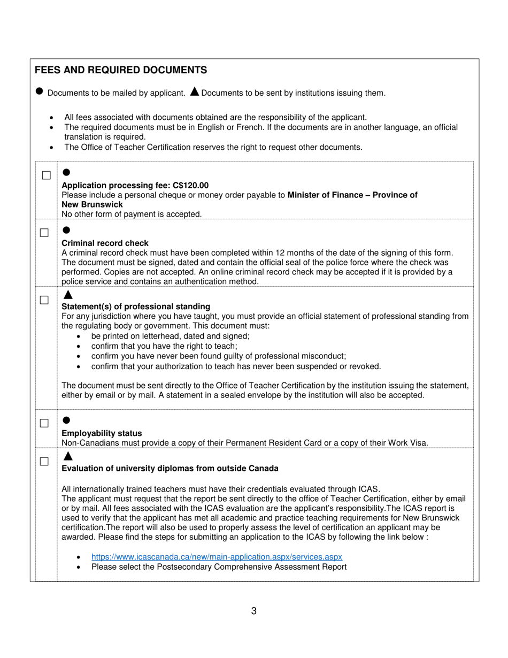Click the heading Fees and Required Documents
coord(121,70)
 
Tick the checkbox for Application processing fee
coord(47,175)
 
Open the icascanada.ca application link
coord(217,556)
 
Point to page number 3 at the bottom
coord(253,611)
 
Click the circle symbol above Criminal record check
coord(66,230)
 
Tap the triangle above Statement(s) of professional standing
coord(67,295)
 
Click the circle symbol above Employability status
coord(66,420)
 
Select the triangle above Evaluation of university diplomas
coord(67,456)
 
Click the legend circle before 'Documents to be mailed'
coord(39,91)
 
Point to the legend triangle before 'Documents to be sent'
coord(194,91)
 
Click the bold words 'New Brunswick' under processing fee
coord(92,204)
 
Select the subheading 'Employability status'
coord(102,433)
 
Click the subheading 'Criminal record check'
coord(105,243)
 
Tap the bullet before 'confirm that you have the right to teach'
coord(79,346)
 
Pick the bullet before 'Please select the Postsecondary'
coord(79,567)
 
